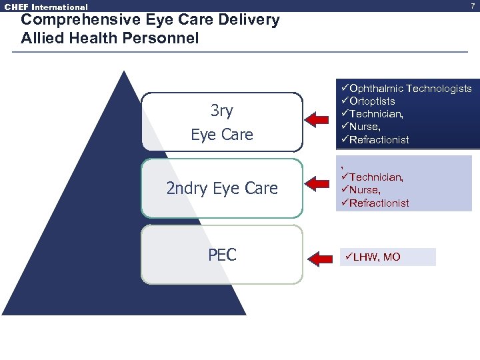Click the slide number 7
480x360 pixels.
click(x=474, y=6)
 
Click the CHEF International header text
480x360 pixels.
click(x=46, y=7)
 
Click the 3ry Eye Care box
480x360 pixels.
click(x=222, y=122)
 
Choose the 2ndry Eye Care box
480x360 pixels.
click(x=222, y=188)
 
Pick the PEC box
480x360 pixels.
click(x=222, y=255)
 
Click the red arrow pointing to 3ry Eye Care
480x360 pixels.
click(x=321, y=119)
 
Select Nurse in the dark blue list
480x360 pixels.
click(x=364, y=127)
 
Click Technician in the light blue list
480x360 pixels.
click(x=375, y=177)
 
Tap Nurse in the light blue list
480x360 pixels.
click(x=364, y=190)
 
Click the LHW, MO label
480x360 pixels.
click(x=376, y=257)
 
